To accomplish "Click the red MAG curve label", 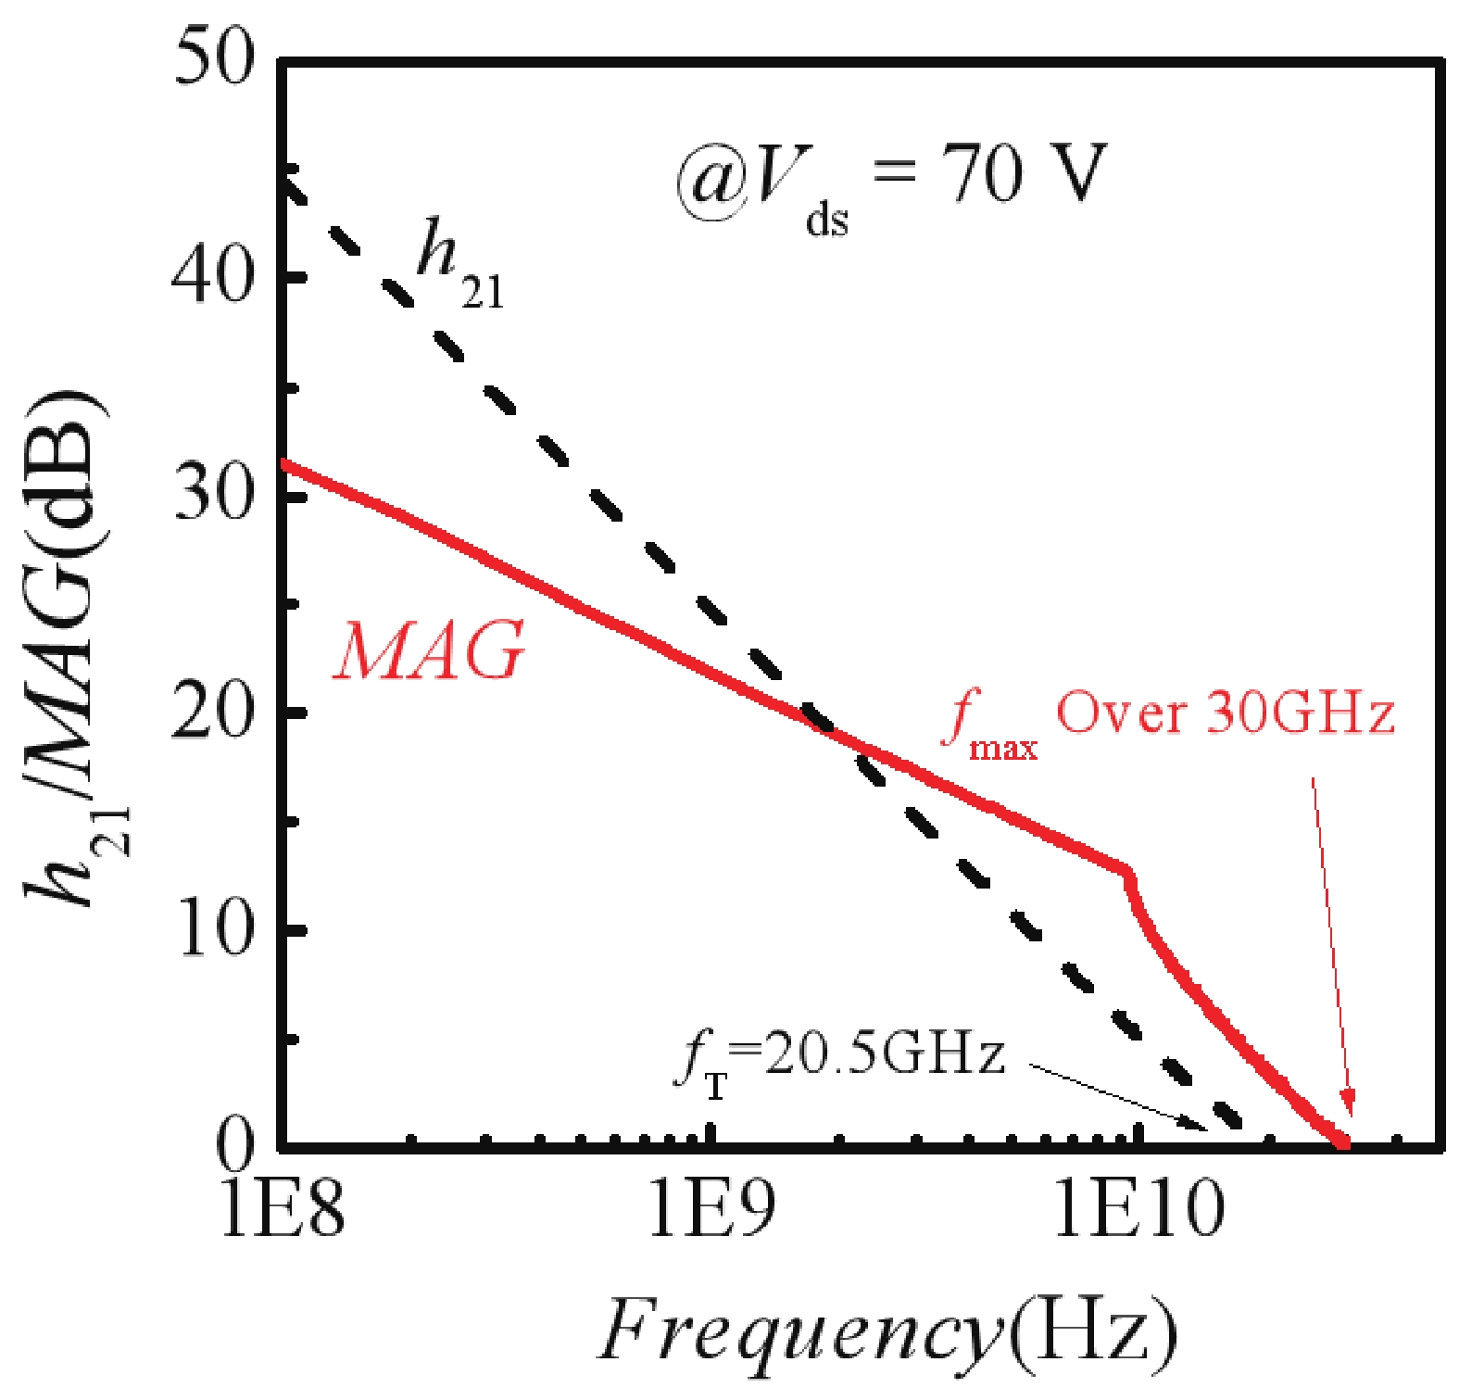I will click(429, 651).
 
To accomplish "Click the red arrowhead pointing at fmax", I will click(1350, 1105).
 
